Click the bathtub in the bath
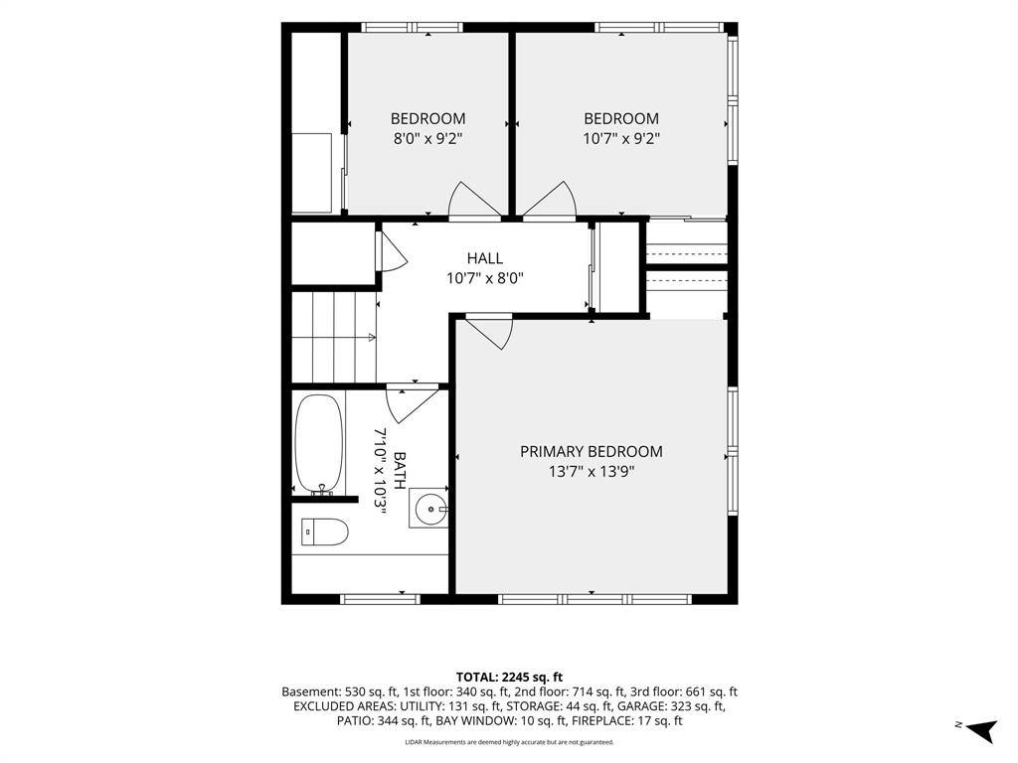coord(318,444)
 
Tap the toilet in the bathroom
coord(325,532)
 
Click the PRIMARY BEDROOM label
coord(591,452)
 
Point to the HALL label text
coord(484,258)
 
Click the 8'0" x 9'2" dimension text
coord(427,139)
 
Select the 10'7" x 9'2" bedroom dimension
coord(621,139)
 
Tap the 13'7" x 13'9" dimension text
coord(591,472)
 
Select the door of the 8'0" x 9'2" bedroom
coord(474,200)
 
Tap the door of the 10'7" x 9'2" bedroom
coord(551,200)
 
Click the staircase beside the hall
coord(334,338)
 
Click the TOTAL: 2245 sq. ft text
coord(509,678)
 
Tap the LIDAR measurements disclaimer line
coord(509,742)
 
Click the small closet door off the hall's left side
coord(390,251)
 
